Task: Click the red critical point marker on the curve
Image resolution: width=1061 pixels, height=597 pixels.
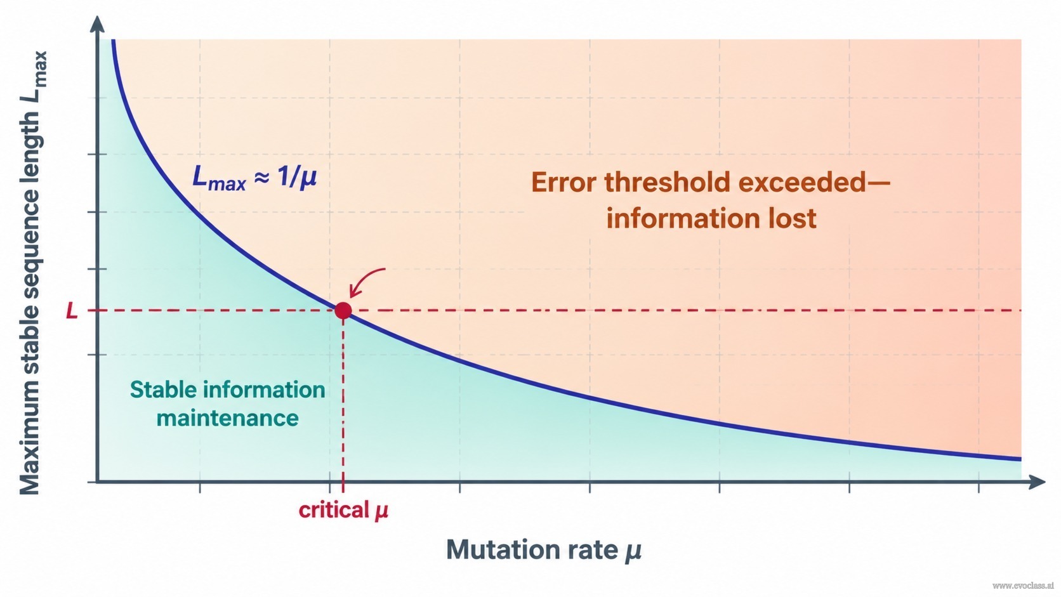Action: [x=343, y=311]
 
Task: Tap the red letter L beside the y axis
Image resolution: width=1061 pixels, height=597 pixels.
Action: [x=72, y=311]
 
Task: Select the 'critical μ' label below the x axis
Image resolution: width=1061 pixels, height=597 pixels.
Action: [x=343, y=510]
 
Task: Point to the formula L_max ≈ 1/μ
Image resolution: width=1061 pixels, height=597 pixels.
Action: [x=254, y=178]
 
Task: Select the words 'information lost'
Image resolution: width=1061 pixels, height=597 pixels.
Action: [x=711, y=219]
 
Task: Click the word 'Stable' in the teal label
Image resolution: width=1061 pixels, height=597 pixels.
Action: [x=164, y=390]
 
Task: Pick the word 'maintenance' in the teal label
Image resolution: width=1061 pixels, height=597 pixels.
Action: [x=227, y=418]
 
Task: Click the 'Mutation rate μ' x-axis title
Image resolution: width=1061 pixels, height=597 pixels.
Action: [x=544, y=550]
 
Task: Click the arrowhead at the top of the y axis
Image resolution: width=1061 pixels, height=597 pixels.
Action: [x=97, y=23]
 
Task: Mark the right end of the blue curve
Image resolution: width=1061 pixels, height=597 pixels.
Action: [x=1021, y=459]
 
